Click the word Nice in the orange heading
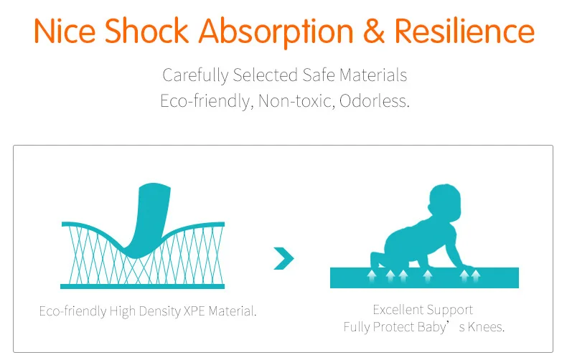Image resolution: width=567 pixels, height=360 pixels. tap(65, 31)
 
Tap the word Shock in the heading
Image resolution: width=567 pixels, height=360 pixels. tap(146, 31)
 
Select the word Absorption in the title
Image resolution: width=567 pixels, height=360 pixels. tap(276, 32)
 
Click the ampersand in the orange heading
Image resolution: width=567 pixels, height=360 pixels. tap(374, 31)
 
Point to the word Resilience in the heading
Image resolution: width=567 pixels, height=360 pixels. tap(464, 31)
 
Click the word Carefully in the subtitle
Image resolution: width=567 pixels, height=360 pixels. tap(195, 75)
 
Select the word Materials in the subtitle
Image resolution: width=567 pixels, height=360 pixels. tap(373, 75)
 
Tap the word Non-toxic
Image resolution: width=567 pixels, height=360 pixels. tap(296, 101)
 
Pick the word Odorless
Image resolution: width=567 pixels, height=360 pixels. tap(374, 101)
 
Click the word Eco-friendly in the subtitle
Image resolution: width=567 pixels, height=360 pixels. tap(205, 101)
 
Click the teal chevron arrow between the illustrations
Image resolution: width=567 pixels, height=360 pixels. tap(284, 258)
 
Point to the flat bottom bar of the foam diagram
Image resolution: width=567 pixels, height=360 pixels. tap(143, 287)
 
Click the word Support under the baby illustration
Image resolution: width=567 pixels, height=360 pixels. tap(449, 311)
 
